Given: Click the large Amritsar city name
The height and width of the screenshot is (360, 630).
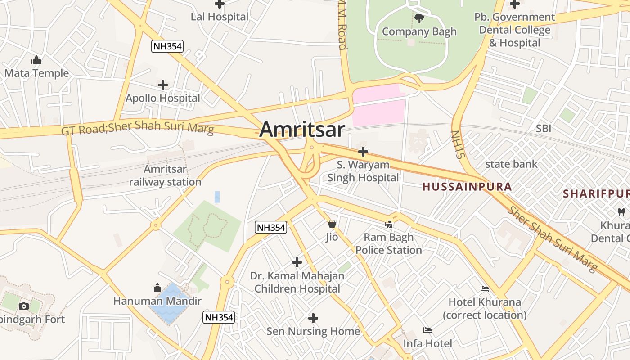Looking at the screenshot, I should (302, 130).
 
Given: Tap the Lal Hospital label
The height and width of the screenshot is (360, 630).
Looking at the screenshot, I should (220, 17).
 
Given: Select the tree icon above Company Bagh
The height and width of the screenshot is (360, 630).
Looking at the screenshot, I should (419, 18).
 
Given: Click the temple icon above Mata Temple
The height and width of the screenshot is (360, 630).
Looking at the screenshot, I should (36, 60).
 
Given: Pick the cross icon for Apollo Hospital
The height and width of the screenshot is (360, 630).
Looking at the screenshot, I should (163, 85).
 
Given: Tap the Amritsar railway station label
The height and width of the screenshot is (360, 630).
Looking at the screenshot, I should (165, 176).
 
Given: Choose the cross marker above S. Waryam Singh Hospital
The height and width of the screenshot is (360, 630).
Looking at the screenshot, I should (363, 152).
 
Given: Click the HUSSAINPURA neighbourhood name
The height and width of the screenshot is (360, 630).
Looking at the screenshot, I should (467, 187).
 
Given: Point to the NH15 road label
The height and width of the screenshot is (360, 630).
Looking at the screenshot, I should (458, 145).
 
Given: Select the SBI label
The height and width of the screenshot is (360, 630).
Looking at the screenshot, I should (543, 129).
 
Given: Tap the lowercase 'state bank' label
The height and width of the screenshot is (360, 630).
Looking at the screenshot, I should (511, 164).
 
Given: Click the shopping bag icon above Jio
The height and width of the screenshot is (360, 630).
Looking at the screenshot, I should (332, 224).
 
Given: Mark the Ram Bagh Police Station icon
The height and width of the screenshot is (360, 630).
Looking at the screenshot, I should (389, 224).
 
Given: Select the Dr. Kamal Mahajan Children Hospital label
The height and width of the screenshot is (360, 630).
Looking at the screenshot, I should (297, 282).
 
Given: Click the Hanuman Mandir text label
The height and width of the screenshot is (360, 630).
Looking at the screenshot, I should (157, 301).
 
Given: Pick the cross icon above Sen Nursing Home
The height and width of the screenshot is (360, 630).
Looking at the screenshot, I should (313, 319).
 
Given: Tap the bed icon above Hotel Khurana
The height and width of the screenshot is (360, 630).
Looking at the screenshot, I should (485, 289).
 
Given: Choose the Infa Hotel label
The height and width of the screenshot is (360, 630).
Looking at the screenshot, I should (427, 344).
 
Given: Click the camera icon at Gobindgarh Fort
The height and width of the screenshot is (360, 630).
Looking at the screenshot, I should (24, 306).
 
